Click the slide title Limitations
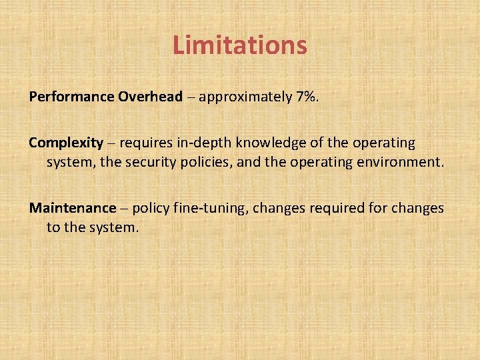point(239,45)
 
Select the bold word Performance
point(72,97)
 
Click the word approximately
point(244,97)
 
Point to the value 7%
point(306,97)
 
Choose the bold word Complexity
point(66,143)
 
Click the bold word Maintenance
point(72,208)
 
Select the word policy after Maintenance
point(151,209)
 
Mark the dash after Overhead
point(190,98)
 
